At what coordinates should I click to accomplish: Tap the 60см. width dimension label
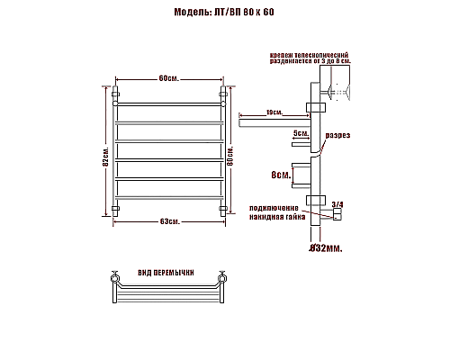pyautogui.click(x=168, y=78)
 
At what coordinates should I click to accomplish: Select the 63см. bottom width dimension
pyautogui.click(x=168, y=220)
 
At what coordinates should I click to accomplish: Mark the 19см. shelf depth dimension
pyautogui.click(x=274, y=112)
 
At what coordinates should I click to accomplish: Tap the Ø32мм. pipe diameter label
pyautogui.click(x=320, y=247)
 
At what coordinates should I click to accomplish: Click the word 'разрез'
pyautogui.click(x=337, y=135)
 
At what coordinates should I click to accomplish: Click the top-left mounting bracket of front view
pyautogui.click(x=115, y=93)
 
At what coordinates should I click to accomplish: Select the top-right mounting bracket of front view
pyautogui.click(x=222, y=93)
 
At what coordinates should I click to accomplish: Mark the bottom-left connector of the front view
pyautogui.click(x=115, y=208)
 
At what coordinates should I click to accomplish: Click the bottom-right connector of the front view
pyautogui.click(x=222, y=208)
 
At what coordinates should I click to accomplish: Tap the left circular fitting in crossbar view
pyautogui.click(x=114, y=275)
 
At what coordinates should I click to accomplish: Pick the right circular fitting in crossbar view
pyautogui.click(x=221, y=275)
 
